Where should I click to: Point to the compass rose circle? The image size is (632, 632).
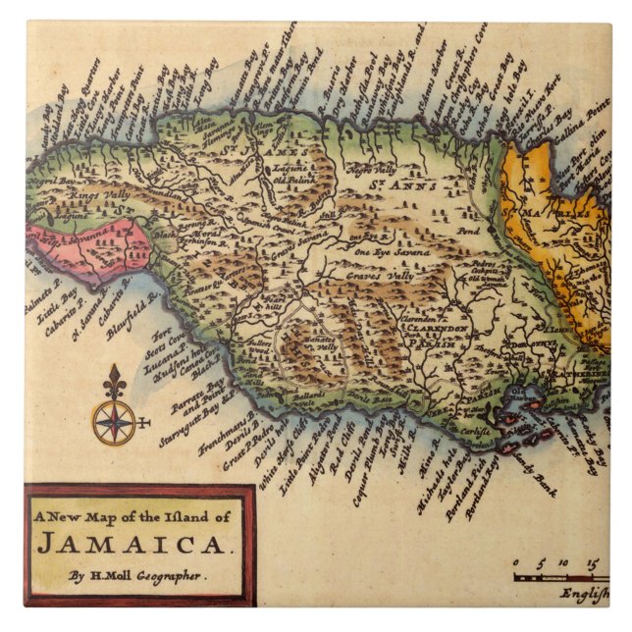tap(115, 422)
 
